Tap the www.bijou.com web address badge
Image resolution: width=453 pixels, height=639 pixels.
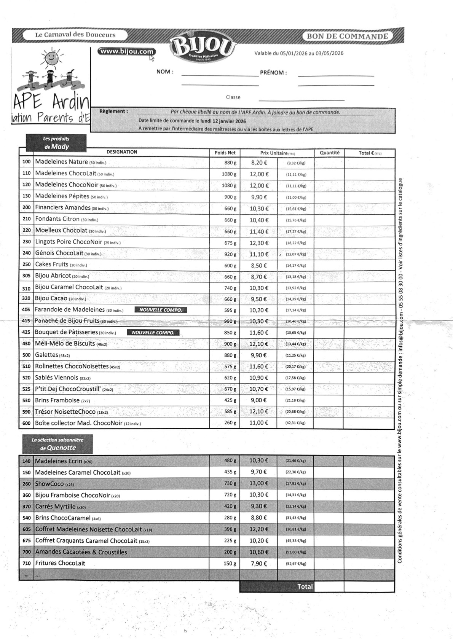click(x=126, y=52)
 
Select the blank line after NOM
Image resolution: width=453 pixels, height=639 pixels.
click(x=220, y=75)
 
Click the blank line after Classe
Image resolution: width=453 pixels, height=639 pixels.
click(x=301, y=100)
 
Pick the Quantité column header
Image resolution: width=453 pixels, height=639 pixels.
click(x=329, y=153)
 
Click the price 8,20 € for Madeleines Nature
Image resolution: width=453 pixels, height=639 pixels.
click(x=259, y=163)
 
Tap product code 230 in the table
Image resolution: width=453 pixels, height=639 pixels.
click(x=26, y=242)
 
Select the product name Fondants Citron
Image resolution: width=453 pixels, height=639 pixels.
click(x=57, y=219)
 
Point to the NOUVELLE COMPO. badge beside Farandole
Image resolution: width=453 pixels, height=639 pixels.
click(x=161, y=310)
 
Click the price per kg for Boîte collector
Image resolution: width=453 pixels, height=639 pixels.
click(x=296, y=423)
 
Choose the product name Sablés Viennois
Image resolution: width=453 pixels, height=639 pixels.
click(x=56, y=378)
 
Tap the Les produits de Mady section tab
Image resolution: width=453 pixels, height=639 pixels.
click(x=56, y=143)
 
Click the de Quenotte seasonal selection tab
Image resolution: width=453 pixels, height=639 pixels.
click(x=57, y=444)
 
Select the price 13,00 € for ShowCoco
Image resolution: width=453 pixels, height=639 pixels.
click(x=258, y=483)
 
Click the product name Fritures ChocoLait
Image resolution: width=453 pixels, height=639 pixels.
click(x=60, y=563)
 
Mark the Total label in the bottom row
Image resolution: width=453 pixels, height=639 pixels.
click(x=305, y=586)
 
